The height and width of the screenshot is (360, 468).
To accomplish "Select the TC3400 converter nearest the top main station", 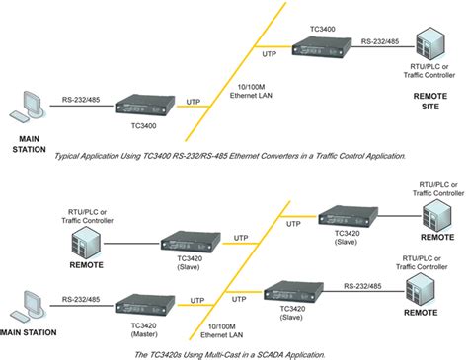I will coord(143,104).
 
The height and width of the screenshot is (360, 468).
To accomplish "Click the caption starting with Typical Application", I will coord(233,156).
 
